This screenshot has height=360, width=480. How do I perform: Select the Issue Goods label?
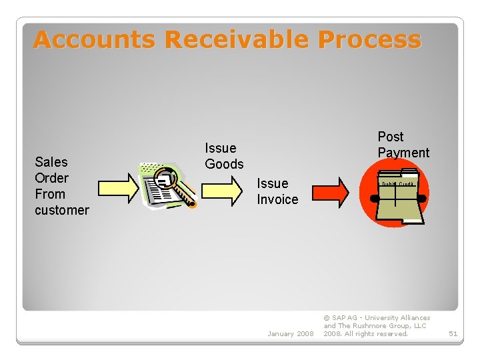coord(224,155)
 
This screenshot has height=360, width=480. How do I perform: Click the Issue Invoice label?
coord(277,191)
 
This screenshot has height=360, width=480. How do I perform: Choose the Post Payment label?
coord(403,144)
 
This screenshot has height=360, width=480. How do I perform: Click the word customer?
coord(62,210)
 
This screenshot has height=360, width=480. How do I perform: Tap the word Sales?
coord(51,162)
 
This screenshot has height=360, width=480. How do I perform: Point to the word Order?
coord(52,178)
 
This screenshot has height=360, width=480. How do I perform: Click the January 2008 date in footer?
coord(290,333)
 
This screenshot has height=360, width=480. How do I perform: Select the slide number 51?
coord(453,333)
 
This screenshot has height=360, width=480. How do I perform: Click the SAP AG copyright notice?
coord(377,326)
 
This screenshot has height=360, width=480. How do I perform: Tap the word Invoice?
coord(277,199)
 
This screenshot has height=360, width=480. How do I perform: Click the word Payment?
coord(403,153)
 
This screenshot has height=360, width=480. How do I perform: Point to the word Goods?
coord(224,164)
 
